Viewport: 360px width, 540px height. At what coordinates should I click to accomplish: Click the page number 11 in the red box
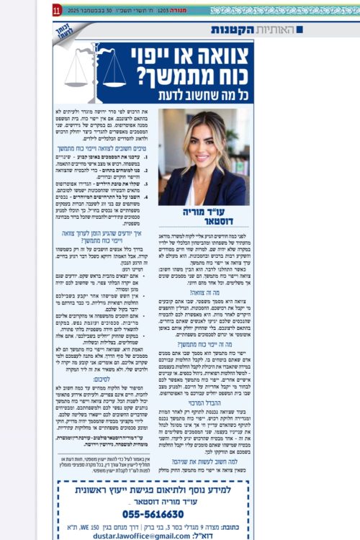57,11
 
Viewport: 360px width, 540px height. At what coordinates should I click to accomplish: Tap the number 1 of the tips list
146,156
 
